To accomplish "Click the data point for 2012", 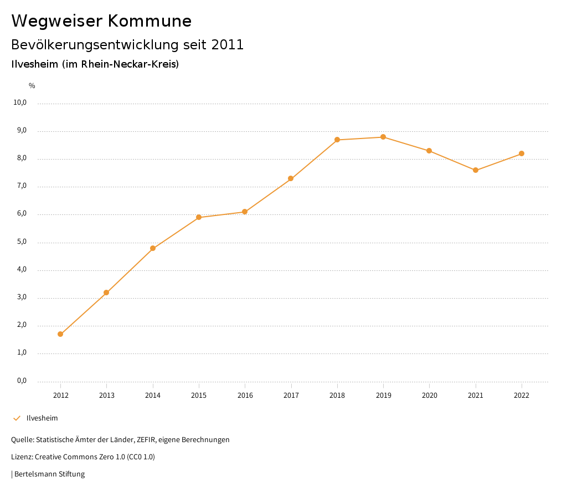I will pyautogui.click(x=60, y=334).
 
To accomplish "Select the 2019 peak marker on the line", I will pyautogui.click(x=383, y=137).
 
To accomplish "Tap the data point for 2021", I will pyautogui.click(x=476, y=170).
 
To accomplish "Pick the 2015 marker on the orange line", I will pyautogui.click(x=199, y=217).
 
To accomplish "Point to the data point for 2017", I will pyautogui.click(x=291, y=178).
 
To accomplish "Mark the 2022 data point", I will pyautogui.click(x=522, y=153).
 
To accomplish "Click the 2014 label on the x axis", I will pyautogui.click(x=153, y=396).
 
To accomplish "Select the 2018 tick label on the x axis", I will pyautogui.click(x=337, y=396).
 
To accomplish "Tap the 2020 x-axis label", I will pyautogui.click(x=430, y=396).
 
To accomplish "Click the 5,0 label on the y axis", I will pyautogui.click(x=22, y=242).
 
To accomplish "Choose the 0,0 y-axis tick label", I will pyautogui.click(x=22, y=381).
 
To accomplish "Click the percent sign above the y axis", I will pyautogui.click(x=32, y=86).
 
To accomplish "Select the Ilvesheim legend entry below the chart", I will pyautogui.click(x=42, y=418).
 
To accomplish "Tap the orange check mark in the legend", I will pyautogui.click(x=17, y=418).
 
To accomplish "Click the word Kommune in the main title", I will pyautogui.click(x=150, y=21).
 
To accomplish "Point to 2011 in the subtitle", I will pyautogui.click(x=228, y=45).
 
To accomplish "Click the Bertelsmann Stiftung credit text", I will pyautogui.click(x=49, y=474).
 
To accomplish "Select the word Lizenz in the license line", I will pyautogui.click(x=22, y=457).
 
